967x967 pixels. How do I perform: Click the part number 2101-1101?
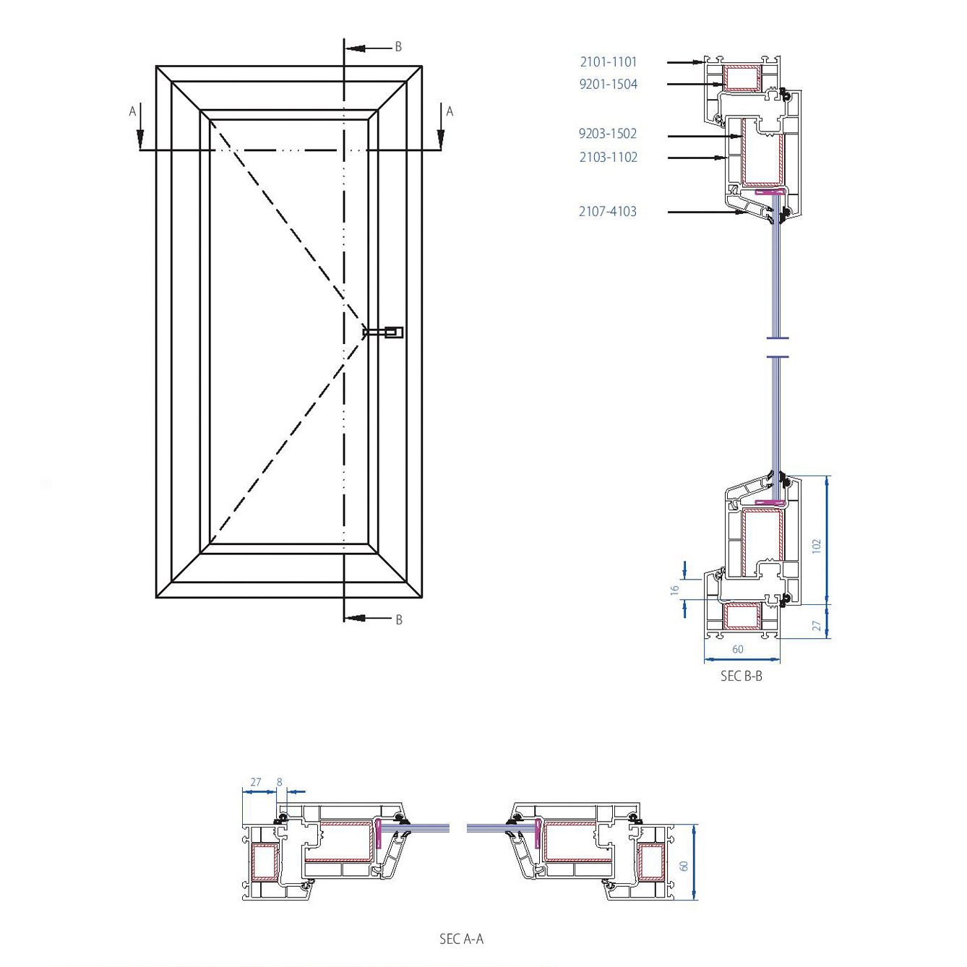pyautogui.click(x=608, y=62)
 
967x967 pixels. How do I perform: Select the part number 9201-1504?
pyautogui.click(x=608, y=85)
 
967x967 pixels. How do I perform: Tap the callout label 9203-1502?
pyautogui.click(x=607, y=134)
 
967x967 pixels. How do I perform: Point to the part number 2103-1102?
pyautogui.click(x=608, y=158)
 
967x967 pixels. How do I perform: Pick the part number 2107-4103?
pyautogui.click(x=607, y=212)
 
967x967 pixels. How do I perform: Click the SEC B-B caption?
pyautogui.click(x=741, y=676)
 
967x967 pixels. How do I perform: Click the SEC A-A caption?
pyautogui.click(x=461, y=939)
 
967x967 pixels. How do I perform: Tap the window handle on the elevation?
pyautogui.click(x=385, y=332)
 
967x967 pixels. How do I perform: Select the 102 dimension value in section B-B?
pyautogui.click(x=817, y=546)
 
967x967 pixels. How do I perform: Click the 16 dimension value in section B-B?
pyautogui.click(x=675, y=590)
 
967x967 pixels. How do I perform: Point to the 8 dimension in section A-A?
pyautogui.click(x=280, y=782)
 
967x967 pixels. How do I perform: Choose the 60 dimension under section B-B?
pyautogui.click(x=737, y=649)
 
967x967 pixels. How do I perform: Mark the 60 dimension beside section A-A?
pyautogui.click(x=684, y=865)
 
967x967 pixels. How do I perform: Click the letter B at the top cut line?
pyautogui.click(x=398, y=47)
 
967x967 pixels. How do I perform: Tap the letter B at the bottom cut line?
pyautogui.click(x=398, y=620)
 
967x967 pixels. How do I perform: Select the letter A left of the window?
pyautogui.click(x=132, y=111)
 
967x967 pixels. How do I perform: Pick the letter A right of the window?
pyautogui.click(x=450, y=111)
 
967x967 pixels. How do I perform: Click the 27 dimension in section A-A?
pyautogui.click(x=255, y=782)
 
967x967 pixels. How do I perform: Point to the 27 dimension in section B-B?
pyautogui.click(x=817, y=626)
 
